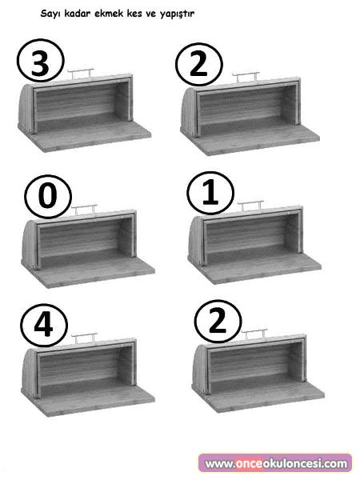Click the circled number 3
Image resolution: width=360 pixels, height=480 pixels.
(x=41, y=61)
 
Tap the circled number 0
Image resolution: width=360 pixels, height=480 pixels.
(x=48, y=196)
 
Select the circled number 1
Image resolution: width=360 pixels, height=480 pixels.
(x=210, y=193)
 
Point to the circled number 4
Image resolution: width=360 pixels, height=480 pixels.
(x=44, y=325)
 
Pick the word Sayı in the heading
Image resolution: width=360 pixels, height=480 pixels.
(x=51, y=14)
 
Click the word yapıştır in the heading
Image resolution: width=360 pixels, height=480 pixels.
(x=177, y=14)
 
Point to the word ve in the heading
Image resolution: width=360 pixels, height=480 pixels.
(x=150, y=14)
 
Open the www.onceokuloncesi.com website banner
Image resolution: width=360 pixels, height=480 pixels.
(x=275, y=463)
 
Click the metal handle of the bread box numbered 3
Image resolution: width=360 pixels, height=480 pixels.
(x=80, y=73)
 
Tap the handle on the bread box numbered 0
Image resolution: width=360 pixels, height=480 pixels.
(x=84, y=209)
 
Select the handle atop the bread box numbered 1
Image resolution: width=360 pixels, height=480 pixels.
(x=250, y=206)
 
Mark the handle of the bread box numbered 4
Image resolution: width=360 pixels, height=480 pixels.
(x=84, y=338)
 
